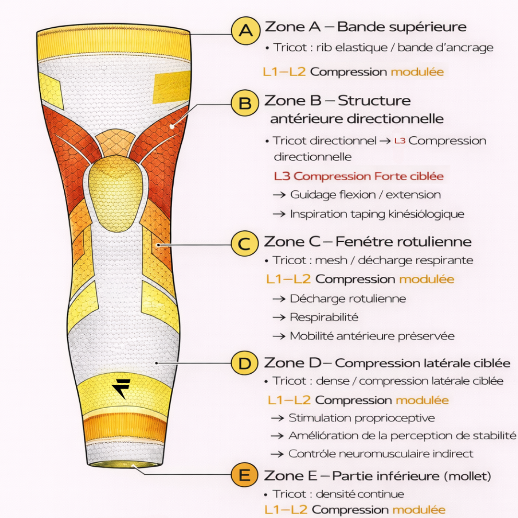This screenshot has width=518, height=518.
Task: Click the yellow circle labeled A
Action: (x=246, y=31)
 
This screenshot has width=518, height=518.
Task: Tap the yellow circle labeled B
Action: (x=245, y=104)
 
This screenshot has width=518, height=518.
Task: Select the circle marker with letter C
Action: (x=245, y=244)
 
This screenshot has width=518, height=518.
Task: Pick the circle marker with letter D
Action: (x=245, y=364)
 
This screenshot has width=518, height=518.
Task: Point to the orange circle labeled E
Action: (x=245, y=476)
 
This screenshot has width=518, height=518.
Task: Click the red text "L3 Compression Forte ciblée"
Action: (x=359, y=176)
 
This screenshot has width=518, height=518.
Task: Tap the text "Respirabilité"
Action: (x=324, y=317)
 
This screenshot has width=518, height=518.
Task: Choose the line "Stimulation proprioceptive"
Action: (x=361, y=418)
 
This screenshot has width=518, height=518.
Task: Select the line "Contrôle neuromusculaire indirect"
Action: (x=380, y=453)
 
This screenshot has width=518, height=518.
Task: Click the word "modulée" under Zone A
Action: (x=417, y=72)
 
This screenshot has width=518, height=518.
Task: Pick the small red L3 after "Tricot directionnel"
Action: (x=400, y=141)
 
